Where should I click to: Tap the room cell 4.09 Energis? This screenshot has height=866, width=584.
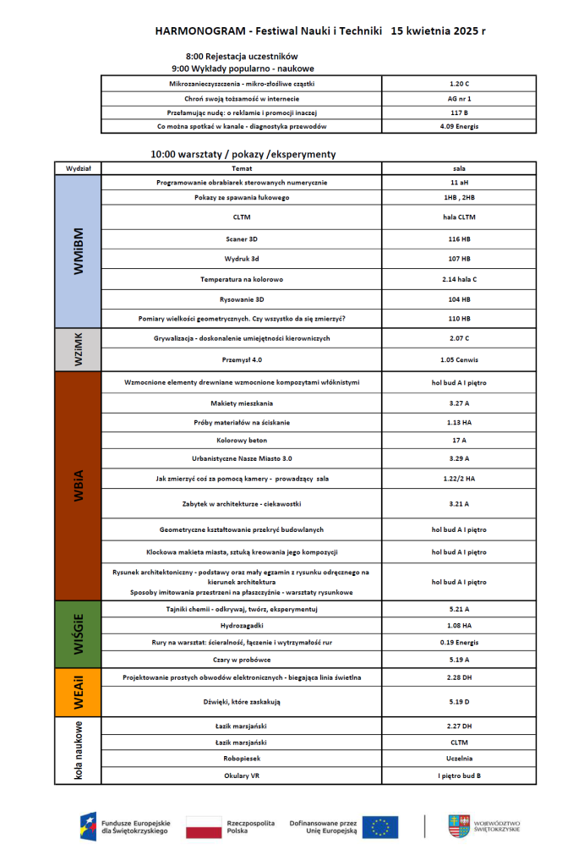click(459, 126)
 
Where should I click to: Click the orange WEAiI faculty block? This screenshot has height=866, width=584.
click(78, 693)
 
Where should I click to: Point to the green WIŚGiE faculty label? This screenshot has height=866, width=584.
click(78, 633)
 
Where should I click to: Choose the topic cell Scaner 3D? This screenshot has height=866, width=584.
click(242, 239)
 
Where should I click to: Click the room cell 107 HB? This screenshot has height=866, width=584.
click(459, 258)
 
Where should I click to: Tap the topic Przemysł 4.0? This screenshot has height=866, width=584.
click(242, 359)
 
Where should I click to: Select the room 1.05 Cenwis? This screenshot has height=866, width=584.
click(459, 359)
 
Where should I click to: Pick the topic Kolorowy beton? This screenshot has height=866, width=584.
click(242, 441)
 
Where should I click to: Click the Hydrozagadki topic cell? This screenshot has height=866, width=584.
click(242, 626)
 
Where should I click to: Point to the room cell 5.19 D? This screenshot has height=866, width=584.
click(459, 701)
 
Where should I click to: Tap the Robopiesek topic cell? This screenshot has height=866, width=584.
click(242, 759)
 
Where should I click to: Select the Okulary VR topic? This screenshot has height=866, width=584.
click(242, 775)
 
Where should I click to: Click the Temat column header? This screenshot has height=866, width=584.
click(242, 168)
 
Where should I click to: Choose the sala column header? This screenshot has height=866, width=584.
click(459, 168)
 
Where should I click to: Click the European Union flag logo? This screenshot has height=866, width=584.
click(379, 826)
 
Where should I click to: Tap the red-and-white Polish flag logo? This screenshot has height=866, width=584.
click(203, 826)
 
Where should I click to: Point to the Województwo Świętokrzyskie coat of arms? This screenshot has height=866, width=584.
click(460, 825)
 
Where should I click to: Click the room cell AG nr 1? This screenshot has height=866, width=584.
click(459, 98)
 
